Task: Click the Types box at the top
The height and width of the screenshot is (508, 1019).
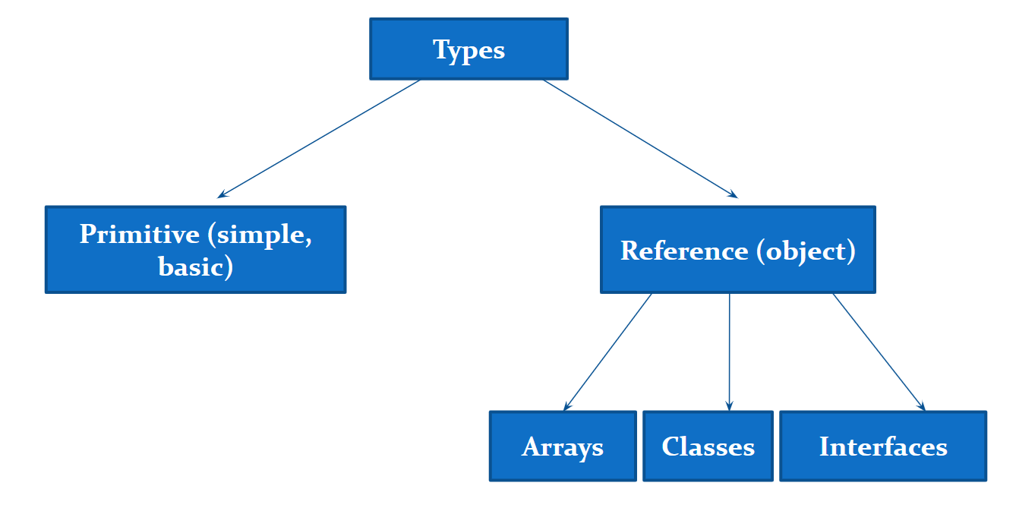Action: tap(468, 49)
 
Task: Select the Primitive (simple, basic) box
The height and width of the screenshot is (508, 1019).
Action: tap(195, 249)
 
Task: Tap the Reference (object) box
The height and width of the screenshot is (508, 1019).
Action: tap(737, 250)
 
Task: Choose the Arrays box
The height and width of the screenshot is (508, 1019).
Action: tap(563, 446)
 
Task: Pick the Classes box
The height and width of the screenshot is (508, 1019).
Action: tap(708, 446)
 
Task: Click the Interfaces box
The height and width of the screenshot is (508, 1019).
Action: tap(883, 446)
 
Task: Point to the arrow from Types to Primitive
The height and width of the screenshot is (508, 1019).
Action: tap(319, 139)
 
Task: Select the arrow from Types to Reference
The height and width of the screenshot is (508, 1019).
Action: tap(640, 139)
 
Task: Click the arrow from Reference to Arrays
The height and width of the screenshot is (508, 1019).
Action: tap(607, 352)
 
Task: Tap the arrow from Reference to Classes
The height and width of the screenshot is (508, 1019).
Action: tap(729, 352)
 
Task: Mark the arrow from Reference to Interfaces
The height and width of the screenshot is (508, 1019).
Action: tap(879, 352)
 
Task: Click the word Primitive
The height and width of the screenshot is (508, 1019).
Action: tap(139, 234)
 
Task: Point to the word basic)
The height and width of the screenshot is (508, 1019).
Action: tap(195, 267)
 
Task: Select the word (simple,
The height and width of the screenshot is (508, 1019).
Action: tap(259, 234)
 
